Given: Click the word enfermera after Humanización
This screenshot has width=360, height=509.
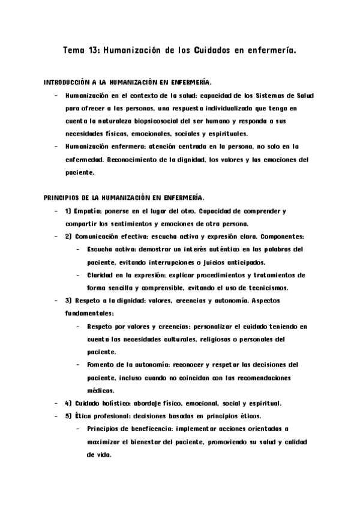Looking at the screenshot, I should click(122, 146).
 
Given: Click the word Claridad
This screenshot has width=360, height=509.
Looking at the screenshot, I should click(103, 275).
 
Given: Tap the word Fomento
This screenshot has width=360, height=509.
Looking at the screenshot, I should click(101, 364).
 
